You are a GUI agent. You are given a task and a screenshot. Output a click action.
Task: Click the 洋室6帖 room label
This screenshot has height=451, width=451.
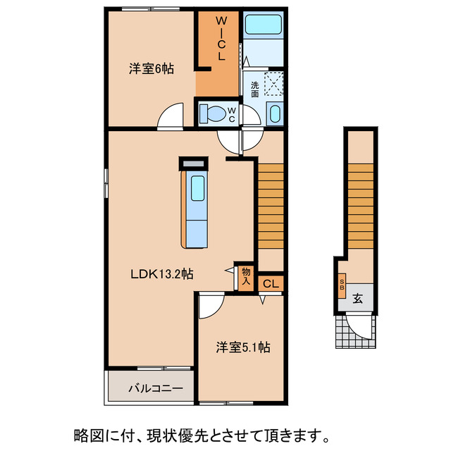point(152,69)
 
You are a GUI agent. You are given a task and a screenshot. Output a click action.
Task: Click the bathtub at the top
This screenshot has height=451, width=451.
point(263,28)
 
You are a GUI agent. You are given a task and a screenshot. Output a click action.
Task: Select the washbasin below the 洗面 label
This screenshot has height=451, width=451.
point(275,113)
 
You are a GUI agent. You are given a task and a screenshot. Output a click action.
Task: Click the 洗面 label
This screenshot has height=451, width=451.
point(254,89)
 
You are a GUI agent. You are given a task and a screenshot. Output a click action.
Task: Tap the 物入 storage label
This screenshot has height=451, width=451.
point(245,276)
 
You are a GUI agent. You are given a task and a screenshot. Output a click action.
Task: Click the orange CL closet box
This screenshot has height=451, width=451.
point(271,283)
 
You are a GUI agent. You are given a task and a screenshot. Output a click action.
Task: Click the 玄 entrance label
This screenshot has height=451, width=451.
point(357,298)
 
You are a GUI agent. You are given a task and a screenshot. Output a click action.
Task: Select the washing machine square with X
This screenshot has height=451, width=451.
point(273,84)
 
